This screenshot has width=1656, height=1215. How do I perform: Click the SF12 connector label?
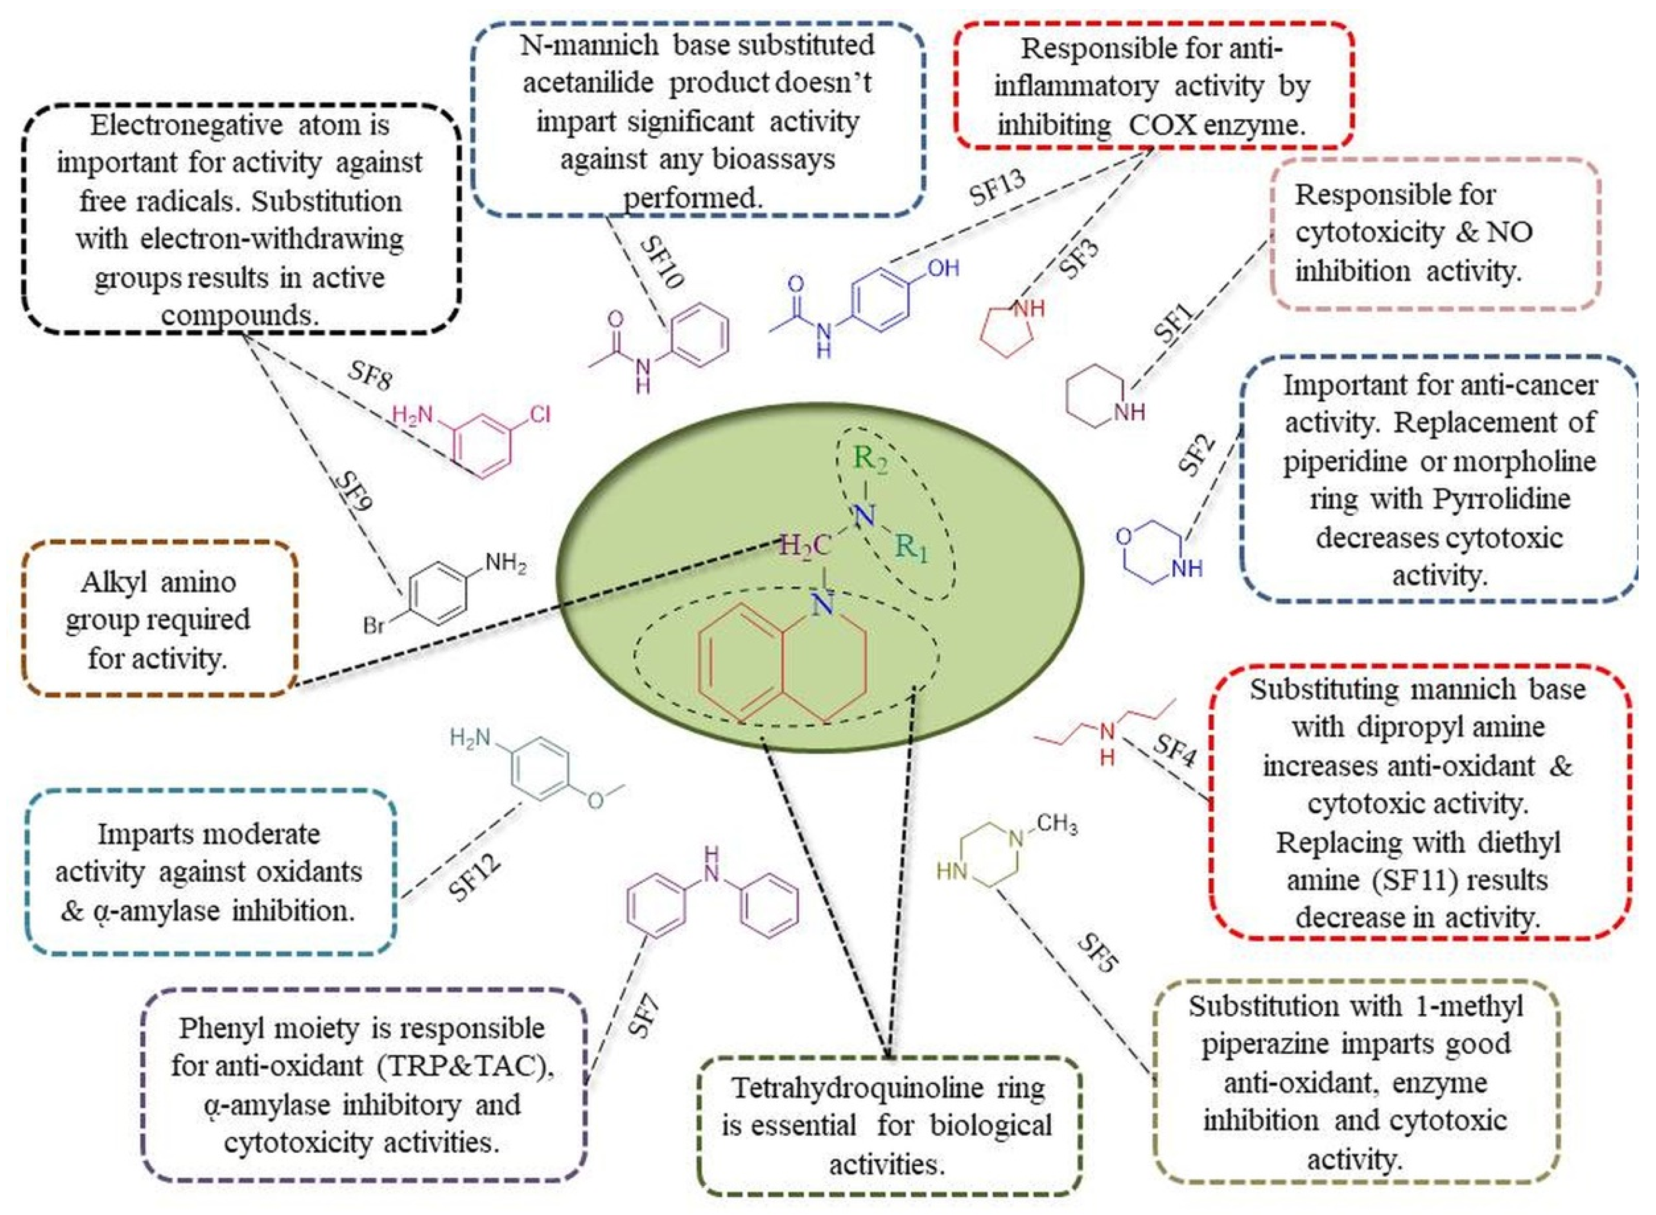coord(475,875)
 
